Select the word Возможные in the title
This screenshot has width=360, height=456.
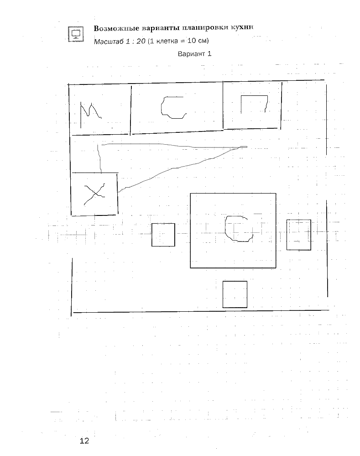pyautogui.click(x=115, y=28)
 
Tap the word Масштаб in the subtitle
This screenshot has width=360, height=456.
pyautogui.click(x=108, y=42)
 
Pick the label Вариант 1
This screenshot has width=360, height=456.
pyautogui.click(x=195, y=54)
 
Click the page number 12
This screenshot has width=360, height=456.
pyautogui.click(x=84, y=440)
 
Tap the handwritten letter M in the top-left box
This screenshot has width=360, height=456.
pyautogui.click(x=90, y=113)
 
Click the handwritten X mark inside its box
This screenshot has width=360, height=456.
pyautogui.click(x=94, y=194)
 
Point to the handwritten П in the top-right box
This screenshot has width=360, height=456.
pyautogui.click(x=254, y=103)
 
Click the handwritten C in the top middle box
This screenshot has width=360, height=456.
pyautogui.click(x=173, y=107)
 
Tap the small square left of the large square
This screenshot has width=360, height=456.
pyautogui.click(x=163, y=235)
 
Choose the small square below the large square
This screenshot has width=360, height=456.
pyautogui.click(x=235, y=294)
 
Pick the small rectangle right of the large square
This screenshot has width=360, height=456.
pyautogui.click(x=298, y=235)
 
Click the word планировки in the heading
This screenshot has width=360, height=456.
pyautogui.click(x=201, y=27)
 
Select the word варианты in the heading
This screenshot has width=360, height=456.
pyautogui.click(x=156, y=28)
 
